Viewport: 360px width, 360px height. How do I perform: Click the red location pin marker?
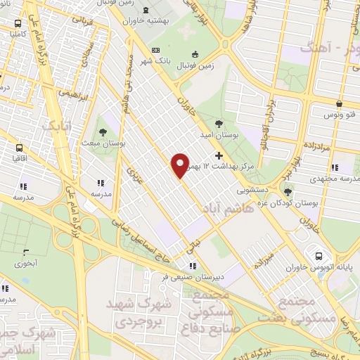pos(181,165)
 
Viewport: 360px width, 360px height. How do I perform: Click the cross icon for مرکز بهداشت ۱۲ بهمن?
pos(219,155)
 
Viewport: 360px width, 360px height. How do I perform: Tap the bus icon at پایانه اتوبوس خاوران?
pos(319,256)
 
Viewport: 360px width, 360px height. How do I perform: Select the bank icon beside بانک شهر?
pos(155,51)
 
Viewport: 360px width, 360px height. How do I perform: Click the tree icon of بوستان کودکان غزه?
pos(287,190)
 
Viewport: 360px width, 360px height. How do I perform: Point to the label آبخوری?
pos(27,264)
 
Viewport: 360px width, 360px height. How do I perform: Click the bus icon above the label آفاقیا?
pos(18,148)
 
